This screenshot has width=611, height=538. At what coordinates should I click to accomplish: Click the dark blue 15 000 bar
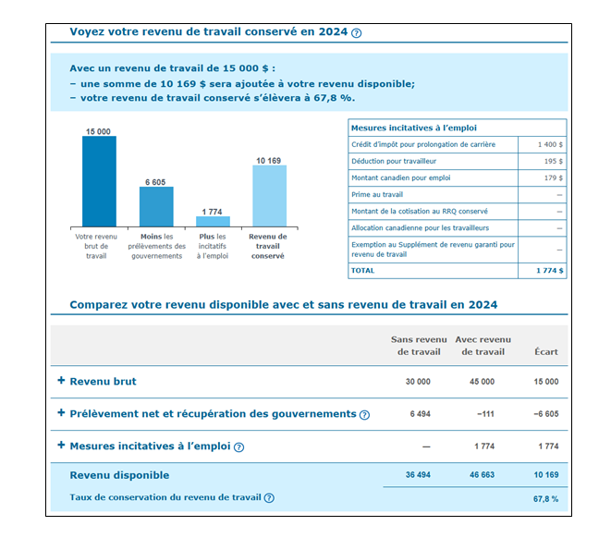click(99, 181)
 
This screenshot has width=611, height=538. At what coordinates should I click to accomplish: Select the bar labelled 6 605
click(156, 206)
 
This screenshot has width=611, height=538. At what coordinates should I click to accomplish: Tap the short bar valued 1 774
click(213, 221)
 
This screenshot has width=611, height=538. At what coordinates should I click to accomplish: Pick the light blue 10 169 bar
click(269, 196)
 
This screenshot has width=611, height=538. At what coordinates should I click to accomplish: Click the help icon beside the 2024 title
click(356, 33)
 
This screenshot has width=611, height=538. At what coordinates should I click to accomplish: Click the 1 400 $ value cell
click(550, 144)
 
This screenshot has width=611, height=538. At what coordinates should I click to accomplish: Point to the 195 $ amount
click(554, 161)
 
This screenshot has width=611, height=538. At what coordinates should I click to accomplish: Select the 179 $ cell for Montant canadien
click(554, 178)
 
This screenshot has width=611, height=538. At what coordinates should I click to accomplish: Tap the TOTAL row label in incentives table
click(362, 271)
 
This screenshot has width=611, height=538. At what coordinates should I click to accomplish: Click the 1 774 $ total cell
click(549, 271)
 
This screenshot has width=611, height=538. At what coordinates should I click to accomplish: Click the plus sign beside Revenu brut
click(61, 380)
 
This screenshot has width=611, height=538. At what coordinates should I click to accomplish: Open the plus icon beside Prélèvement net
click(61, 412)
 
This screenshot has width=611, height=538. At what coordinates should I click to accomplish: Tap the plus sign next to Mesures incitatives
click(61, 445)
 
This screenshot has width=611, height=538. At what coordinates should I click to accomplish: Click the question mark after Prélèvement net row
click(364, 415)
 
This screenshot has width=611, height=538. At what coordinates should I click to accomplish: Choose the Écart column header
click(546, 352)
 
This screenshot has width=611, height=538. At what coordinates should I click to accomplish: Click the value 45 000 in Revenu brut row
click(482, 382)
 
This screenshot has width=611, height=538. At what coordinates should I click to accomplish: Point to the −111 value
click(485, 414)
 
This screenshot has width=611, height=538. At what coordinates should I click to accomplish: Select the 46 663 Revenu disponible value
click(482, 475)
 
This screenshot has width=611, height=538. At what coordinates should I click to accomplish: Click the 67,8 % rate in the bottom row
click(545, 499)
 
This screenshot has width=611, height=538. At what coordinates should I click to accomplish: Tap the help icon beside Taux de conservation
click(269, 498)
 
